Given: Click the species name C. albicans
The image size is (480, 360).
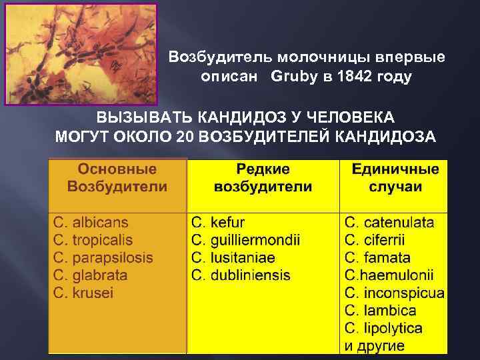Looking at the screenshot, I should point(91,223).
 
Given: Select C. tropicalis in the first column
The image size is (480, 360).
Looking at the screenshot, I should point(93,240).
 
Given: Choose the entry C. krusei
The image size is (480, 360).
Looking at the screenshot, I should point(84,293).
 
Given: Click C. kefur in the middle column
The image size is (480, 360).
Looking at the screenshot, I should point(218,223).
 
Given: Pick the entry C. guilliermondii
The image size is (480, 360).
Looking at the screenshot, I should point(246,240).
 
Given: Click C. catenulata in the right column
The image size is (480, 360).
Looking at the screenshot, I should point(389,223).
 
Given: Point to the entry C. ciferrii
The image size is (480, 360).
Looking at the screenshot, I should point(375,240).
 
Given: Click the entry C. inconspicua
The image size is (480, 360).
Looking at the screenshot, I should point(395,293).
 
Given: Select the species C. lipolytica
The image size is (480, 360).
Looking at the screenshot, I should point(383,328).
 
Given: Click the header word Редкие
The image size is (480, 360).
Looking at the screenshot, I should point(263,169).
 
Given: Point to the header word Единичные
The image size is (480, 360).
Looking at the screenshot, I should point(395,169).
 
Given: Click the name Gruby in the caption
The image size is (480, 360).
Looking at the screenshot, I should point(292,77).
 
